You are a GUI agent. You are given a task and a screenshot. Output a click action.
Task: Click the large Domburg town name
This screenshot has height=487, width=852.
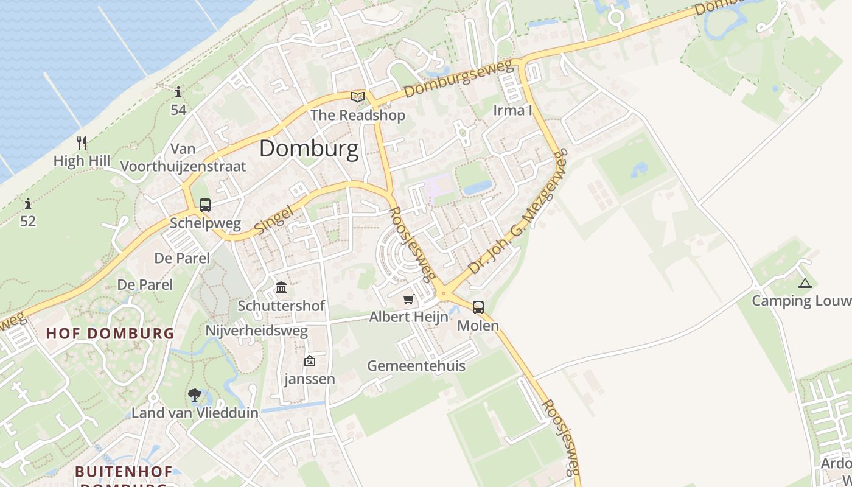click(x=309, y=149)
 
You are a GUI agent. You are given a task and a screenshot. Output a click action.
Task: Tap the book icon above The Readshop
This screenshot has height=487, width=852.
click(x=358, y=97)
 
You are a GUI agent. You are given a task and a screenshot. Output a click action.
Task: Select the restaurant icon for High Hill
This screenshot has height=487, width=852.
click(x=82, y=143)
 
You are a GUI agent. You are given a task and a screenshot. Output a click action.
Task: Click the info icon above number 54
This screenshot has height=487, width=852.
click(x=178, y=92)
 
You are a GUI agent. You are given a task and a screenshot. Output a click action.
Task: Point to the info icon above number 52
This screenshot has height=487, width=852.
click(x=28, y=203)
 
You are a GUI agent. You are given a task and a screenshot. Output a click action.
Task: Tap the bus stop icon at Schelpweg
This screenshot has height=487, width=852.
click(x=205, y=205)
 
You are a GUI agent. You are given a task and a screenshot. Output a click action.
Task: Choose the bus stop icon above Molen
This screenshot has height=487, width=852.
click(x=478, y=307)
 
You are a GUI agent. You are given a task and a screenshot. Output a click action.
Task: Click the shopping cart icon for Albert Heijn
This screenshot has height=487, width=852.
click(x=408, y=299)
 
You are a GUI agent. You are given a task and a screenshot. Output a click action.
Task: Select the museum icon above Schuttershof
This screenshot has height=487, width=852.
click(x=281, y=287)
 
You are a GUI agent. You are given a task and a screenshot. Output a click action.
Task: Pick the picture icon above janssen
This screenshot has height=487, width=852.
click(x=310, y=361)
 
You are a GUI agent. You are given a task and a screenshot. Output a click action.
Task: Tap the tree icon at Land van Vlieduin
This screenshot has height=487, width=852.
click(x=195, y=395)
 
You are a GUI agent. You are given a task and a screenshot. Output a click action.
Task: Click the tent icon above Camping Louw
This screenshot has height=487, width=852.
click(x=805, y=282)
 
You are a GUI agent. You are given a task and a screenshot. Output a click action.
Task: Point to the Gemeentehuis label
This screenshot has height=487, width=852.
click(x=416, y=366)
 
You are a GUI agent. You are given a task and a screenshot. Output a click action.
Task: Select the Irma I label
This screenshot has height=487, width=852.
click(x=512, y=110)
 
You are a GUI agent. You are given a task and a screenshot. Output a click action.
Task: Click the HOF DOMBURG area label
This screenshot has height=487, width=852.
click(x=110, y=334)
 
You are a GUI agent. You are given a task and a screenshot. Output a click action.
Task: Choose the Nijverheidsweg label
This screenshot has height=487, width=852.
click(x=257, y=331)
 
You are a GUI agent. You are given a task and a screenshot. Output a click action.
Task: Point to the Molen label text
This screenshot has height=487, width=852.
click(x=478, y=326)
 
